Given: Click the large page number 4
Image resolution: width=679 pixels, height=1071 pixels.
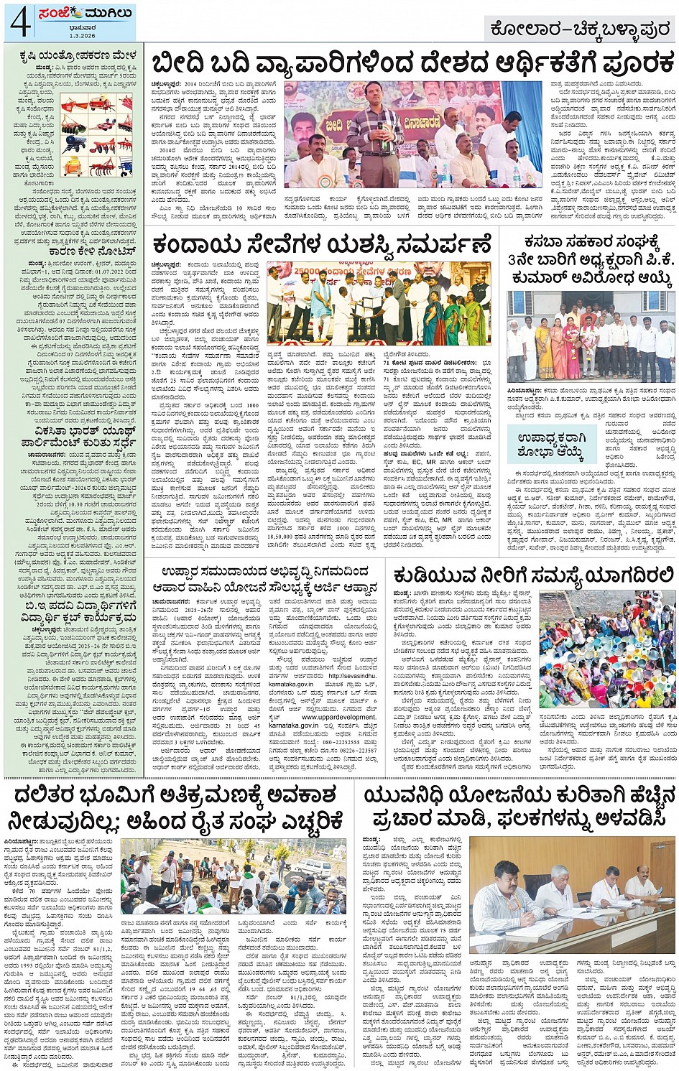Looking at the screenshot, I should (x=19, y=24).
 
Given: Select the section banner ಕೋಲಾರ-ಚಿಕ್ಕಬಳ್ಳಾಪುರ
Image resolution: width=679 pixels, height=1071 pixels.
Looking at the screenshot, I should (x=579, y=29).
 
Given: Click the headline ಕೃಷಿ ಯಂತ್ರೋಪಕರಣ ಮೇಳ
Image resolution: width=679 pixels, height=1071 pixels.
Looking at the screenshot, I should (x=73, y=54).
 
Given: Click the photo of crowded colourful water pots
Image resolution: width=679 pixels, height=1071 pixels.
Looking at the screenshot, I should (x=607, y=650).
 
